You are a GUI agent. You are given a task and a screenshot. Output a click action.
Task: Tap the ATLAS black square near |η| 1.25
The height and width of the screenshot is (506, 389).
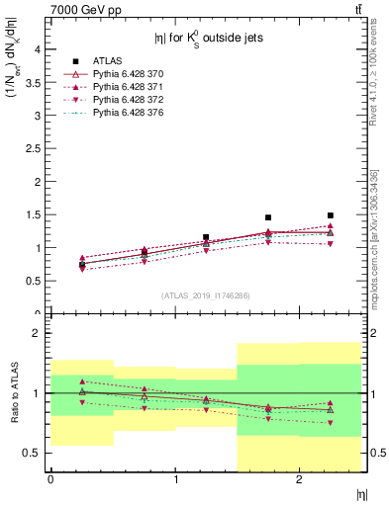click(206, 237)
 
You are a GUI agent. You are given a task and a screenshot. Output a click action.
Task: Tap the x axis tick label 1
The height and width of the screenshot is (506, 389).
click(175, 479)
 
